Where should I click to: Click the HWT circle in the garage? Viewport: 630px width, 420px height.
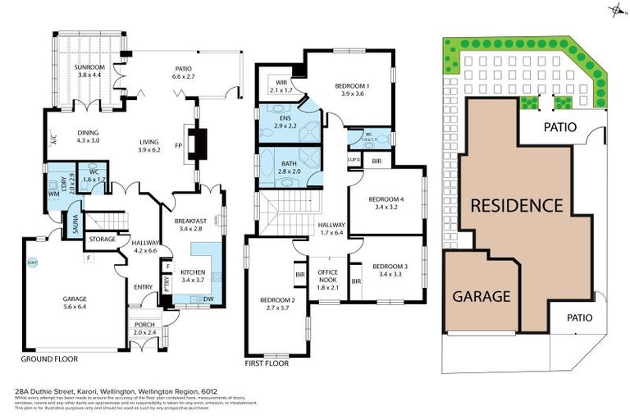[33, 263]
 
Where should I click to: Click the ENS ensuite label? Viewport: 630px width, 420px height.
[283, 120]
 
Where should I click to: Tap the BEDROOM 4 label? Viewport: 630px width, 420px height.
[386, 200]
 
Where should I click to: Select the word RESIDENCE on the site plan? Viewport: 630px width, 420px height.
[516, 204]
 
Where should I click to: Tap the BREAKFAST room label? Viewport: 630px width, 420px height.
[194, 221]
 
